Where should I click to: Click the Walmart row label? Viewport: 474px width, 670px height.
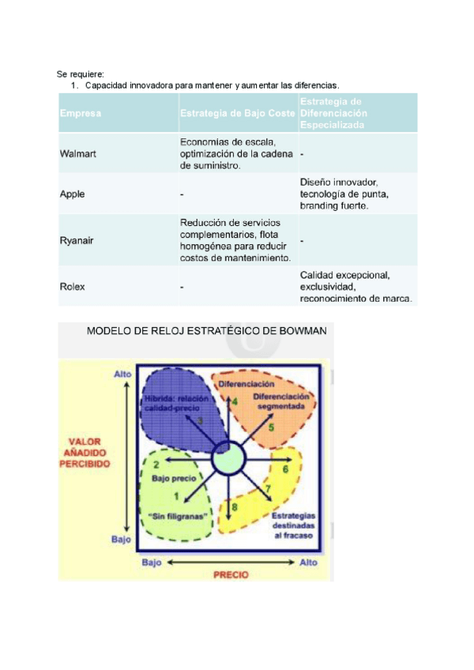point(78,154)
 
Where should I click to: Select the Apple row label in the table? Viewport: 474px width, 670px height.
point(72,194)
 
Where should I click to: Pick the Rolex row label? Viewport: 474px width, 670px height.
point(72,287)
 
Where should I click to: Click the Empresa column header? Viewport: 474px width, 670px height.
point(80,114)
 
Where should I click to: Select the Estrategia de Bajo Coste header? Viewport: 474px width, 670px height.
point(237,114)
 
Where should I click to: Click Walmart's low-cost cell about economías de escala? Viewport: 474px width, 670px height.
point(228,154)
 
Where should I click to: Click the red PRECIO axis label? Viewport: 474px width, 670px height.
point(231,574)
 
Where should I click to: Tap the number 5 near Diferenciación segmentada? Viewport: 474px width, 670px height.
point(271,427)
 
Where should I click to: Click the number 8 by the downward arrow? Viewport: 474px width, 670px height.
point(235,506)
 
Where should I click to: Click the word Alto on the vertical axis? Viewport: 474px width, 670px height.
point(122,373)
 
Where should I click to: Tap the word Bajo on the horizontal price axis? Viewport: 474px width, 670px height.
point(152,563)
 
